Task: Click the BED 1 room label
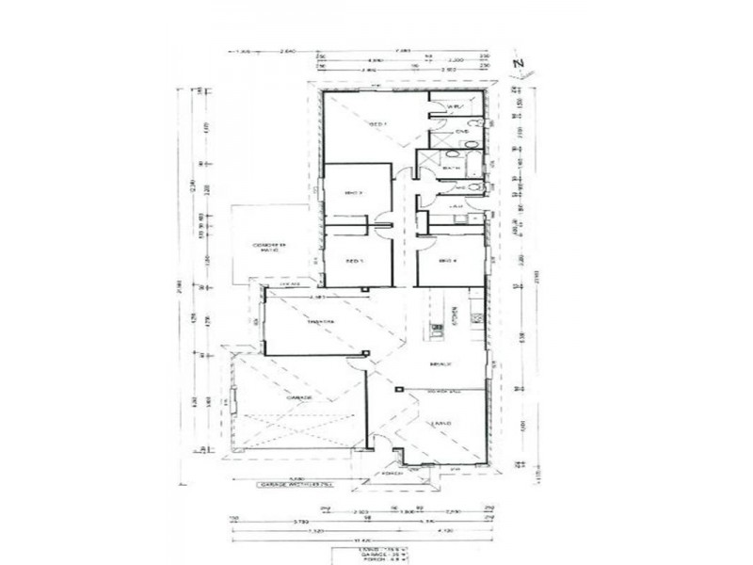click(376, 124)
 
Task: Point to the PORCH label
click(393, 473)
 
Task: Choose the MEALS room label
click(437, 363)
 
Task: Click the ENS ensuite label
click(461, 133)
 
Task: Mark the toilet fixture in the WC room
click(479, 187)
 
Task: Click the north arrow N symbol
click(517, 64)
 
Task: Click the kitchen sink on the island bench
click(438, 329)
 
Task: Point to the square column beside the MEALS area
click(399, 389)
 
